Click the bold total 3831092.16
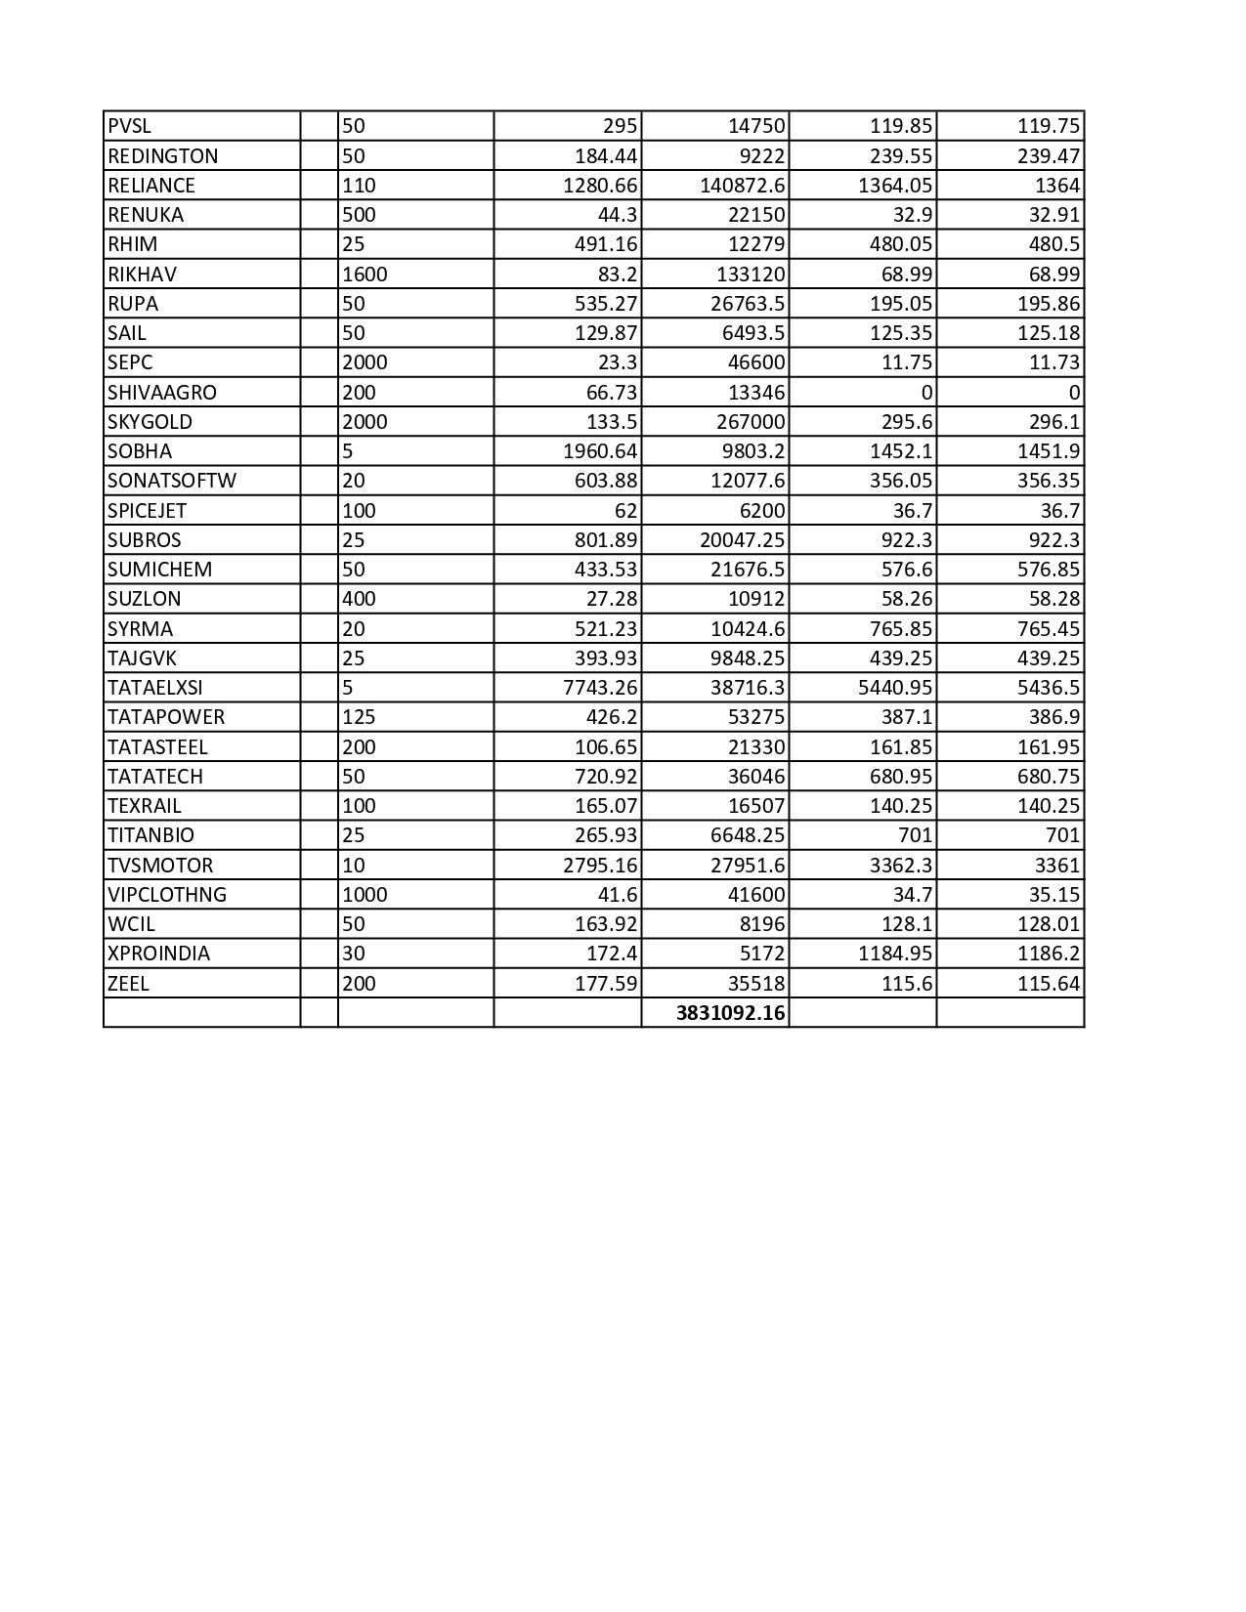pyautogui.click(x=730, y=1013)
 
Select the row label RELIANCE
pyautogui.click(x=151, y=186)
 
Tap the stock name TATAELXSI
pyautogui.click(x=155, y=688)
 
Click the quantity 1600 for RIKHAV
pyautogui.click(x=365, y=275)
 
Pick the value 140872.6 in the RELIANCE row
pyautogui.click(x=742, y=186)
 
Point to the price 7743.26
pyautogui.click(x=600, y=688)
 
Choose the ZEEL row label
pyautogui.click(x=129, y=984)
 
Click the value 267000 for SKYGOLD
pyautogui.click(x=752, y=422)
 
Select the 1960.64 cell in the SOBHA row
pyautogui.click(x=600, y=451)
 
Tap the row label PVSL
pyautogui.click(x=130, y=126)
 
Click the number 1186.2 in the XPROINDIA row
pyautogui.click(x=1049, y=954)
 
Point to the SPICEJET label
pyautogui.click(x=148, y=511)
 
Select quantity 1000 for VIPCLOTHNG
pyautogui.click(x=365, y=895)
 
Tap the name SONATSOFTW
pyautogui.click(x=172, y=481)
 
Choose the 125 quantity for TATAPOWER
pyautogui.click(x=359, y=717)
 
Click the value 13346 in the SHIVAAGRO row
pyautogui.click(x=758, y=393)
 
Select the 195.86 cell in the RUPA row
pyautogui.click(x=1049, y=304)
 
